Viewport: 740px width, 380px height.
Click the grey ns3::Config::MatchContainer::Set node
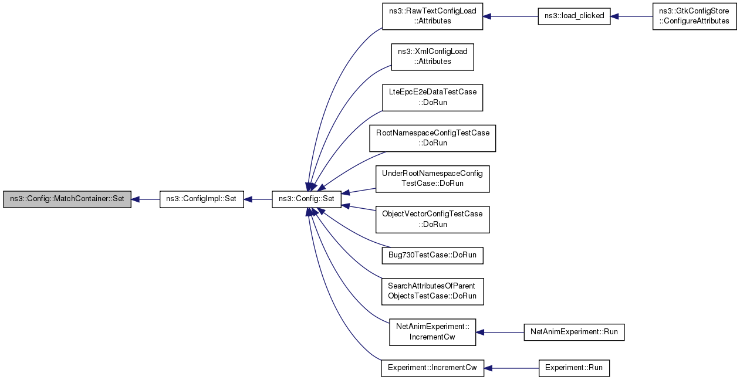[67, 199]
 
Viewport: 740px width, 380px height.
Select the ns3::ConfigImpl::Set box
[201, 199]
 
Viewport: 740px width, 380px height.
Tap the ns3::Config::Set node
[306, 199]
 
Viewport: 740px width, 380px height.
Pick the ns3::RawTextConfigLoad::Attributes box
[432, 16]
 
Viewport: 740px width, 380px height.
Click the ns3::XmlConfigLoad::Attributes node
[432, 57]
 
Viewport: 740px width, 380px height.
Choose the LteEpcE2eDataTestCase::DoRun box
[432, 97]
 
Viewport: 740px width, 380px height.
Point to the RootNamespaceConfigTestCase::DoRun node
[432, 138]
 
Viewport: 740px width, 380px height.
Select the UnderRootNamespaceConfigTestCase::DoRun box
[432, 179]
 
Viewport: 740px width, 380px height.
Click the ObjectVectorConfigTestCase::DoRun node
[432, 219]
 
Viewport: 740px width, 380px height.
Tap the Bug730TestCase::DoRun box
[432, 255]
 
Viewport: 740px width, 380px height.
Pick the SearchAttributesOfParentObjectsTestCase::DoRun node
[432, 291]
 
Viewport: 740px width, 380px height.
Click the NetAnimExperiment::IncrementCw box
[432, 332]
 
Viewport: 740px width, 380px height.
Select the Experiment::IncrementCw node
[432, 368]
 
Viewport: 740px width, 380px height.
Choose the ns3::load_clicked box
[574, 16]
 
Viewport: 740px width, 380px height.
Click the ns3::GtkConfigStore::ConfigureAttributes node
[694, 16]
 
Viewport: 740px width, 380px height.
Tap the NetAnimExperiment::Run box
[574, 332]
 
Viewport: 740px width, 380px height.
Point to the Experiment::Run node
[574, 368]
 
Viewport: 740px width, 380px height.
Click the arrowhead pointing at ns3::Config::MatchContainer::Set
[135, 199]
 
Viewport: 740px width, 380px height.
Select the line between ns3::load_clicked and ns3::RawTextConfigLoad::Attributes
[511, 16]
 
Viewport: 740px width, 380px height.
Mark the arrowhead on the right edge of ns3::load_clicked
[614, 16]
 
